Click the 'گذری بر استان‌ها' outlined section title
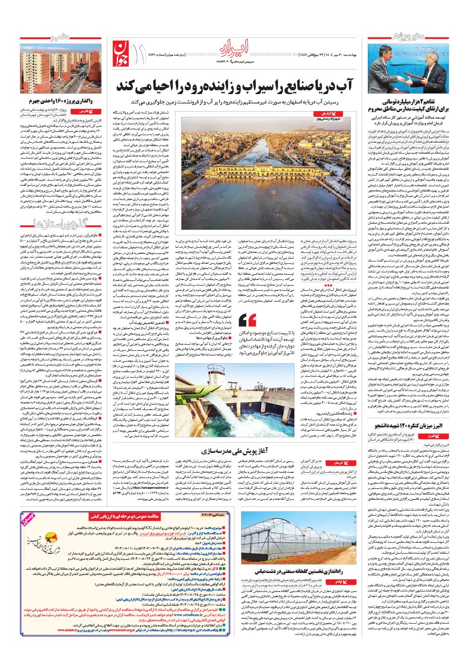click(64, 223)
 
